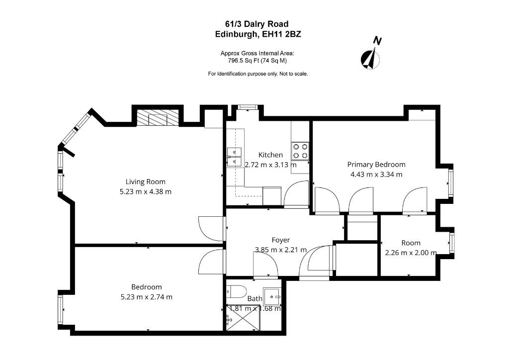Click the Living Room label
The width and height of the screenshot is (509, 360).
[x=146, y=182]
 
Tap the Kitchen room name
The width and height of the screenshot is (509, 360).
[x=270, y=155]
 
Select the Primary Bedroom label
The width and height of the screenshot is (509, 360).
[x=376, y=165]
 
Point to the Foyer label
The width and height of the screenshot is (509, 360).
[x=280, y=240]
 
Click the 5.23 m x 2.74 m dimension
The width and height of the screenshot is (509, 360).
[x=147, y=297]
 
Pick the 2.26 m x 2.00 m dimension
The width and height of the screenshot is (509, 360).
[x=411, y=253]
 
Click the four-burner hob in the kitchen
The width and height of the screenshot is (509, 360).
[x=300, y=151]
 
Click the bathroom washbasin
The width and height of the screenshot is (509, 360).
[x=272, y=296]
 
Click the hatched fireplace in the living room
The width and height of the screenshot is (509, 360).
[x=158, y=117]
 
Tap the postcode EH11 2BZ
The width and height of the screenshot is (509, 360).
[x=281, y=34]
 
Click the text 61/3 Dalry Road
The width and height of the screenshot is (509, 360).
[x=257, y=24]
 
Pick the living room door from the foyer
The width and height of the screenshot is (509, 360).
[x=211, y=229]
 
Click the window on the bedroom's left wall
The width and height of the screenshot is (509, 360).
[x=61, y=309]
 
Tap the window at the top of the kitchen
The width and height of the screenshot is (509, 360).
[x=248, y=107]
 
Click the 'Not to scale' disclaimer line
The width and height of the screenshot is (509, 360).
[x=258, y=74]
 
